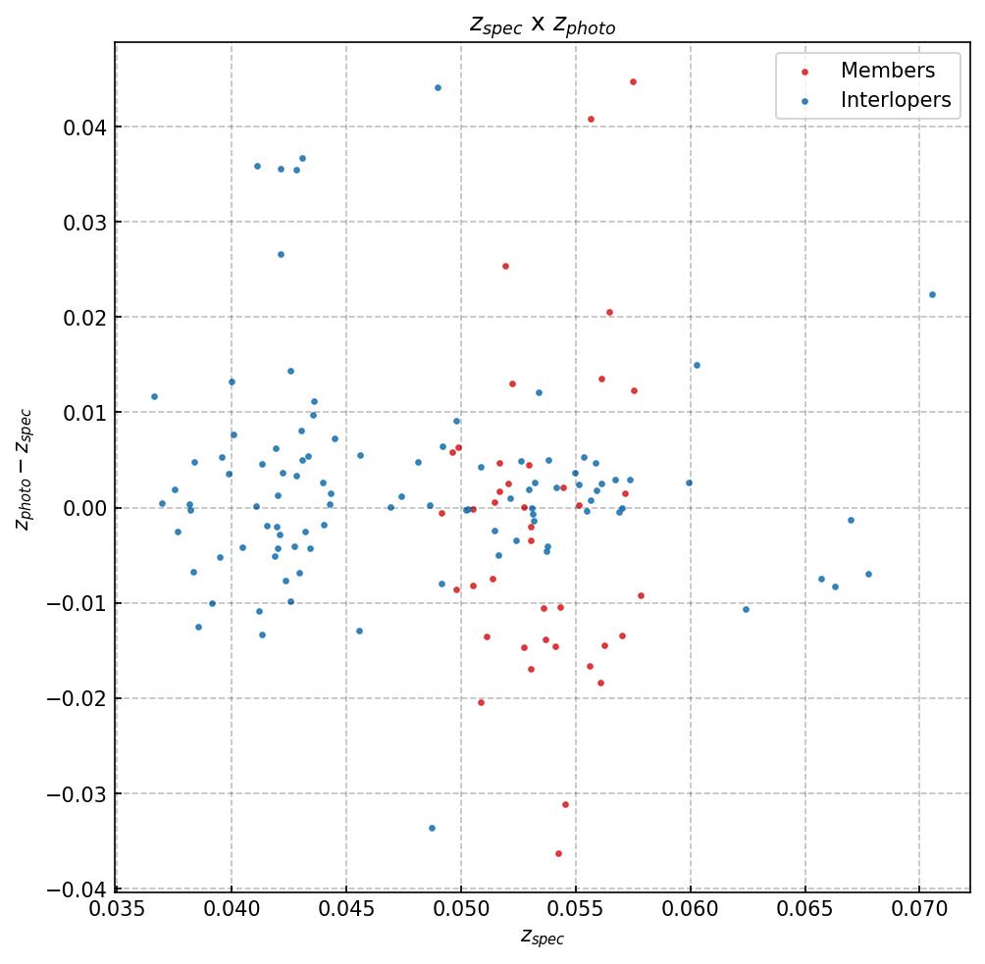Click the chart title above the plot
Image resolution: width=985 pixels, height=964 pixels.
pyautogui.click(x=543, y=25)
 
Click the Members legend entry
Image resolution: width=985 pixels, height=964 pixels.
pyautogui.click(x=887, y=71)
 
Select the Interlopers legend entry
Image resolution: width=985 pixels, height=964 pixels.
pyautogui.click(x=895, y=100)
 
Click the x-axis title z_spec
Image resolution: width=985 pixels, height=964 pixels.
pyautogui.click(x=542, y=939)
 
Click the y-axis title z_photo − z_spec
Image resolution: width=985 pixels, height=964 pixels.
pyautogui.click(x=25, y=470)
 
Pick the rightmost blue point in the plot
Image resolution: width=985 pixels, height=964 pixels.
pyautogui.click(x=932, y=294)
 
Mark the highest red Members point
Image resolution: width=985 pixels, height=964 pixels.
pyautogui.click(x=633, y=81)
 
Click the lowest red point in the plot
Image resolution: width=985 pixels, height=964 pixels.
pyautogui.click(x=558, y=853)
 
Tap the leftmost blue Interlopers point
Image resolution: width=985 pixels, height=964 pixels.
pyautogui.click(x=154, y=396)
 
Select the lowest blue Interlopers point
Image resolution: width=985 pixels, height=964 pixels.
pyautogui.click(x=432, y=828)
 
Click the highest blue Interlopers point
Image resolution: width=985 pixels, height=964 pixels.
pyautogui.click(x=438, y=87)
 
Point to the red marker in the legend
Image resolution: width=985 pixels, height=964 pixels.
pyautogui.click(x=804, y=72)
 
